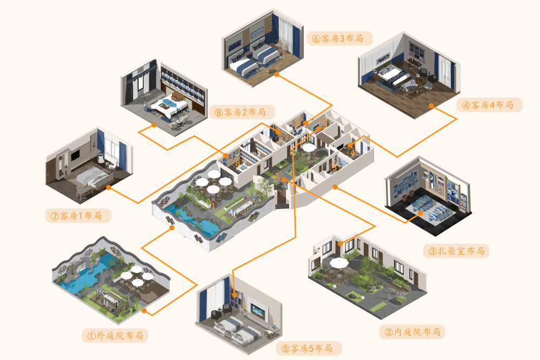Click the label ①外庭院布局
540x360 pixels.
pyautogui.click(x=115, y=336)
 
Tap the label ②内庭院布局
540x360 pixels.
pyautogui.click(x=412, y=331)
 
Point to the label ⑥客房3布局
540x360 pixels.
pyautogui.click(x=339, y=38)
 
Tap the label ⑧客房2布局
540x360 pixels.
pyautogui.click(x=241, y=112)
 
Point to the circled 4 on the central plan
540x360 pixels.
pyautogui.click(x=352, y=153)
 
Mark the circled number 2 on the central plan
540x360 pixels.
pyautogui.click(x=276, y=175)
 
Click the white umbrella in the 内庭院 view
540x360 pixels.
pyautogui.click(x=339, y=262)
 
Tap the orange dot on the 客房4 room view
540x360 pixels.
pyautogui.click(x=431, y=106)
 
